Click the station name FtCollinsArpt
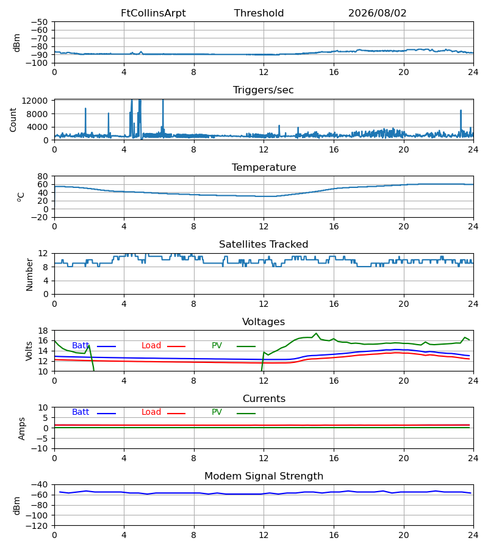[153, 13]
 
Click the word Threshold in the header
[259, 13]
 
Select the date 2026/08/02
[378, 13]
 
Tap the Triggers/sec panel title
[264, 90]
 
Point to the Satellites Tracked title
[264, 245]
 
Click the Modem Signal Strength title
[264, 476]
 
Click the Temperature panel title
[264, 167]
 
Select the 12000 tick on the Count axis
[35, 101]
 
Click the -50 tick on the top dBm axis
[39, 22]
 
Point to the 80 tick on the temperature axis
[43, 176]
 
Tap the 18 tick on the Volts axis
[43, 331]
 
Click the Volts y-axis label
[29, 351]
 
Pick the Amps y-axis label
[22, 428]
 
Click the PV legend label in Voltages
[217, 346]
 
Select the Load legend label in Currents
[151, 412]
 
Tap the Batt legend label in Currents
[81, 412]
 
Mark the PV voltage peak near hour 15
[317, 333]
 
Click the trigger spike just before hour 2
[85, 109]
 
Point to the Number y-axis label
[29, 274]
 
